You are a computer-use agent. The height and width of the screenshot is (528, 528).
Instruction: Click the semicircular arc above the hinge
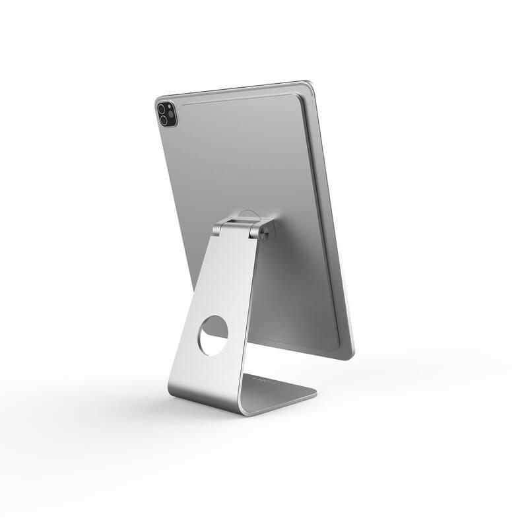(x=246, y=213)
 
